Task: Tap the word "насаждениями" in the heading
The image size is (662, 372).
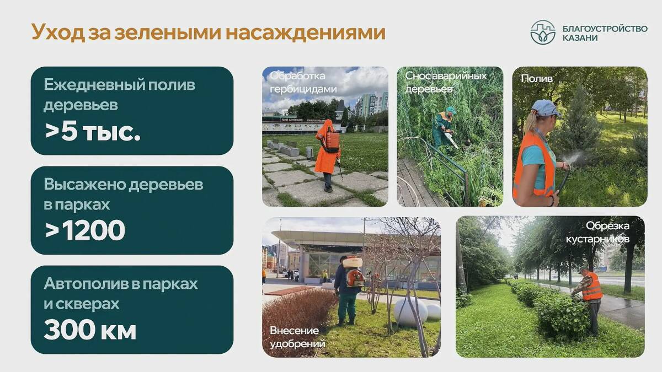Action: [x=306, y=32]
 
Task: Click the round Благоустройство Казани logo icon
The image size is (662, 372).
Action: [x=543, y=32]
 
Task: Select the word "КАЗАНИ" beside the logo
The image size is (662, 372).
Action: [x=580, y=38]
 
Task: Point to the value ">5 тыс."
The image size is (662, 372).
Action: [x=93, y=131]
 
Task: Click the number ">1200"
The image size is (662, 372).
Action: [x=85, y=230]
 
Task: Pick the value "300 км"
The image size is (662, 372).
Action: [x=90, y=330]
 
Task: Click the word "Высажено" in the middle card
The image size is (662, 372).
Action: [x=84, y=185]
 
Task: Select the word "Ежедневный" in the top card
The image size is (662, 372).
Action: [x=94, y=85]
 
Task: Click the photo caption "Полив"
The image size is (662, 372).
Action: [x=537, y=78]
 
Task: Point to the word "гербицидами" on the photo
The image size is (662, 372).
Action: [x=303, y=89]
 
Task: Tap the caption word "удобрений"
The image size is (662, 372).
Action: [x=297, y=344]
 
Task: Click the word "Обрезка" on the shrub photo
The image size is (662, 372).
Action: [x=607, y=225]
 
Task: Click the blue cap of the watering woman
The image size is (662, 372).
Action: [x=545, y=108]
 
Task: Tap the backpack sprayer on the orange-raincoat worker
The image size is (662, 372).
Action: [x=332, y=142]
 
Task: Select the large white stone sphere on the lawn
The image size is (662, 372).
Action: [x=411, y=311]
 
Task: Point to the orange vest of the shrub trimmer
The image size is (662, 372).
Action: [x=592, y=287]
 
